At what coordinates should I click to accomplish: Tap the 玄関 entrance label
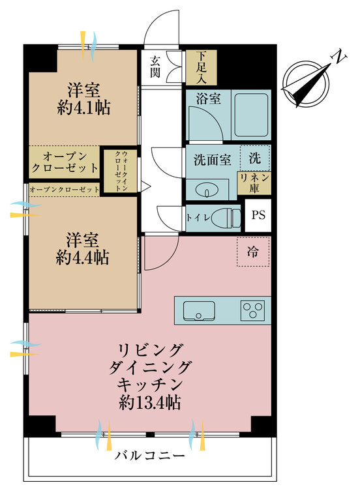pyautogui.click(x=155, y=66)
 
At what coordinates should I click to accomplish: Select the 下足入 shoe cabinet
pyautogui.click(x=202, y=67)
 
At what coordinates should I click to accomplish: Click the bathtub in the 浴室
pyautogui.click(x=251, y=115)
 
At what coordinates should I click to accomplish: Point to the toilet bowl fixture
pyautogui.click(x=226, y=218)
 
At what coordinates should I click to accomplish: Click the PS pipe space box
pyautogui.click(x=258, y=216)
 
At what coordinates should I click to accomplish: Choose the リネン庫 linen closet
pyautogui.click(x=254, y=183)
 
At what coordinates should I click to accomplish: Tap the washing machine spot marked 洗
pyautogui.click(x=254, y=158)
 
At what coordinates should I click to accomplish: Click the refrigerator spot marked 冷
pyautogui.click(x=252, y=252)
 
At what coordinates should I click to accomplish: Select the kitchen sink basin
pyautogui.click(x=199, y=310)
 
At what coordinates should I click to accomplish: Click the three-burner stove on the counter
pyautogui.click(x=252, y=310)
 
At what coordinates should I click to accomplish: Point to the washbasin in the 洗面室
pyautogui.click(x=203, y=189)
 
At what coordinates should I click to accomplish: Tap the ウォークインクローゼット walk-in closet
pyautogui.click(x=121, y=171)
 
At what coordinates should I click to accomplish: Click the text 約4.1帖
pyautogui.click(x=83, y=108)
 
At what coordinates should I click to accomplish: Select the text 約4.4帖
pyautogui.click(x=82, y=258)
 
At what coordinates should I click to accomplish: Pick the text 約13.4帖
pyautogui.click(x=150, y=403)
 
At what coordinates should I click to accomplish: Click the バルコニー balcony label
pyautogui.click(x=150, y=456)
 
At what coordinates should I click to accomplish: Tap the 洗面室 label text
pyautogui.click(x=212, y=160)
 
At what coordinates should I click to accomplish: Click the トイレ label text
pyautogui.click(x=198, y=217)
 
